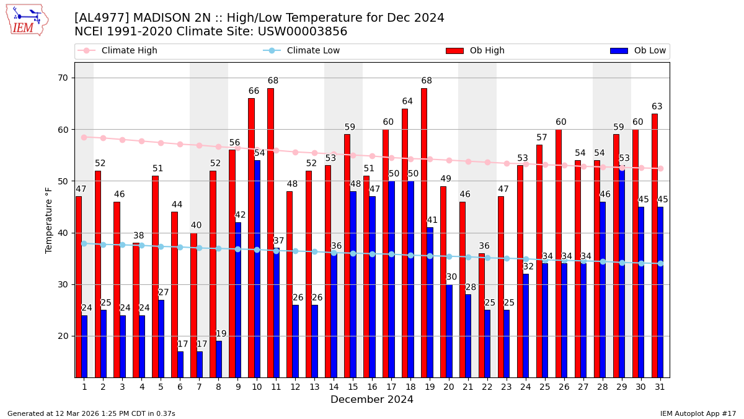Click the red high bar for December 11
point(270,233)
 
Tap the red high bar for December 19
point(424,233)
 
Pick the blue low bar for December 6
point(180,364)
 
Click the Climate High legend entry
point(118,51)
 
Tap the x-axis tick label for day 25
point(545,387)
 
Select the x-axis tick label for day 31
point(660,387)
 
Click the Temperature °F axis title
point(50,220)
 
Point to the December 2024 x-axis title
point(372,400)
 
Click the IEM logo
point(27,20)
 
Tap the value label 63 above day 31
point(658,107)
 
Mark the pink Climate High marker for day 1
point(84,137)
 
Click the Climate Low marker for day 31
point(660,263)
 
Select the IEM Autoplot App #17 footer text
point(698,413)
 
